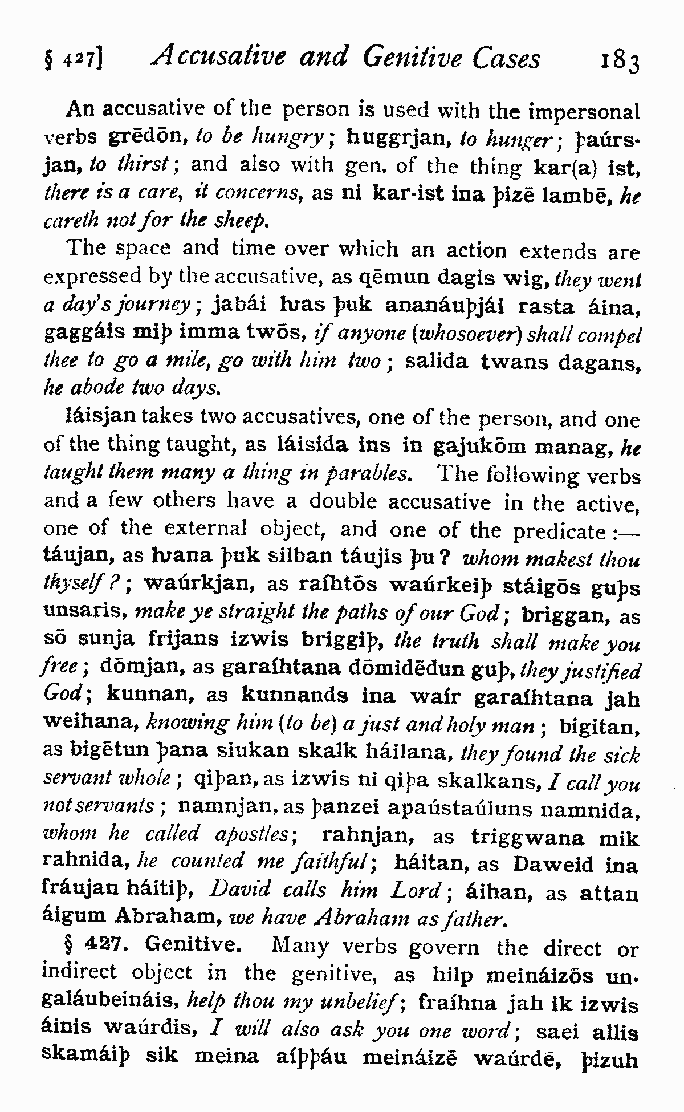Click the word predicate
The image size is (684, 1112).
(x=559, y=531)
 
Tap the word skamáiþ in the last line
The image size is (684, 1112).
(x=87, y=1056)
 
